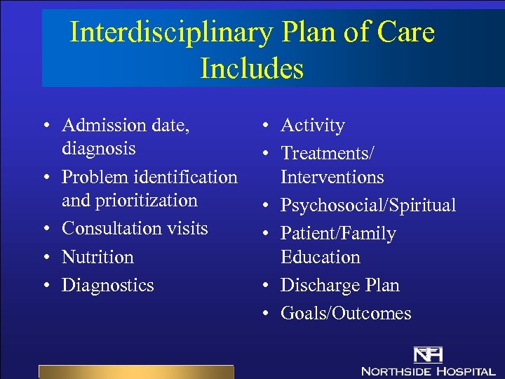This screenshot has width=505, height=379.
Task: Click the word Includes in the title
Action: tap(252, 69)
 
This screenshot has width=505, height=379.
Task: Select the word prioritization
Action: tap(130, 201)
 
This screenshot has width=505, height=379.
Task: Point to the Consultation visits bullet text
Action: tap(135, 229)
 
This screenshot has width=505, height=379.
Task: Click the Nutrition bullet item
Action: tap(97, 257)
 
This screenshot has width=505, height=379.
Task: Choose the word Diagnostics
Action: tap(107, 286)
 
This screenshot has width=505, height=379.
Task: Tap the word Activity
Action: tap(313, 126)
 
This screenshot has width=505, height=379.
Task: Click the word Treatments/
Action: tap(328, 153)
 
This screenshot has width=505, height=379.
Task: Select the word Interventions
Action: tap(332, 177)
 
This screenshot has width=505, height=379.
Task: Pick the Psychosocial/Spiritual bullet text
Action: tap(368, 206)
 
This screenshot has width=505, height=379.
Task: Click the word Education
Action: tap(321, 257)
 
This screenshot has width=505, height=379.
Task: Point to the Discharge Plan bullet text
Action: tap(339, 286)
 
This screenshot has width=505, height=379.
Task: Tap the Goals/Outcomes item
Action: tap(346, 314)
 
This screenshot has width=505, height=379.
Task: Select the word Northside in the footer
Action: tap(398, 370)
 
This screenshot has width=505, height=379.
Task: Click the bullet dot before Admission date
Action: tap(45, 126)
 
